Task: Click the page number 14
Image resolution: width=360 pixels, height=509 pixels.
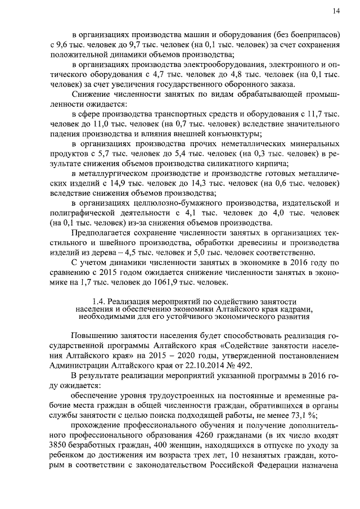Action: point(336,10)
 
